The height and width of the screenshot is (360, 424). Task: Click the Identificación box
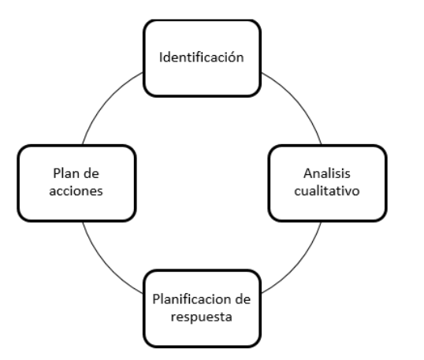[x=202, y=58]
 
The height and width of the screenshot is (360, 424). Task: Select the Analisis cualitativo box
[x=328, y=184]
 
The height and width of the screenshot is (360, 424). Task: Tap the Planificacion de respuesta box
[x=202, y=308]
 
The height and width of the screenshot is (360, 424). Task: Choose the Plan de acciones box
[x=76, y=184]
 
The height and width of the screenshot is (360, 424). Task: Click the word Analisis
[x=327, y=173]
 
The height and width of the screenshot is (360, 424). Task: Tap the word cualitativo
[x=327, y=191]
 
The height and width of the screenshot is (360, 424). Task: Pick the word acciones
[x=76, y=191]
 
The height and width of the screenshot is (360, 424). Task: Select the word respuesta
[x=202, y=317]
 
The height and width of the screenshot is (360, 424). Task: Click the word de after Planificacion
[x=243, y=299]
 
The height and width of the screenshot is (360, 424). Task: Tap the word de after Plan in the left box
[x=91, y=173]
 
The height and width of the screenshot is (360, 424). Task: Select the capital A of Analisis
[x=308, y=173]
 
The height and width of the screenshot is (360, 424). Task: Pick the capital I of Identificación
[x=161, y=58]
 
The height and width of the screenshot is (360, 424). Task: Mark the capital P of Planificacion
[x=156, y=299]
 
